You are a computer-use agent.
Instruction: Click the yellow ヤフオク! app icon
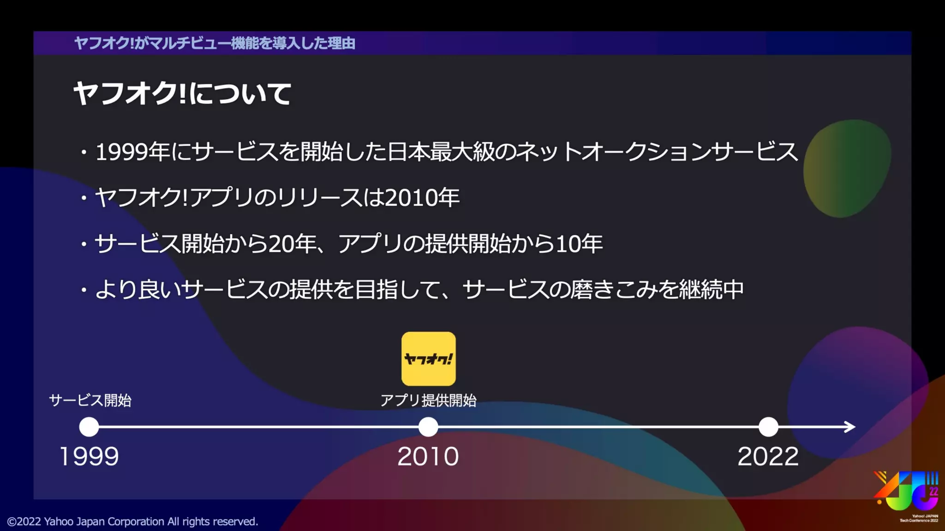click(x=428, y=359)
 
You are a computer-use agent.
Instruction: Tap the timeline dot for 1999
click(x=89, y=427)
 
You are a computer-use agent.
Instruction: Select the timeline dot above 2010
click(x=428, y=427)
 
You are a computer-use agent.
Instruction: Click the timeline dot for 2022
click(x=768, y=427)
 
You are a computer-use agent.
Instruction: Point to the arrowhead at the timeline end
click(x=850, y=427)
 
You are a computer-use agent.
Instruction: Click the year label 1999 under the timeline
click(x=90, y=456)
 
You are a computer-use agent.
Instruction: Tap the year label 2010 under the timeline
click(x=428, y=456)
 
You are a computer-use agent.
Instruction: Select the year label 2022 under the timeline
click(x=768, y=456)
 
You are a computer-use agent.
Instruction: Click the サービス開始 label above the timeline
click(x=90, y=400)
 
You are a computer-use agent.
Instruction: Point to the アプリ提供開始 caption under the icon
click(x=428, y=400)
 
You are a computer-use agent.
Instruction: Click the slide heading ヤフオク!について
click(x=182, y=94)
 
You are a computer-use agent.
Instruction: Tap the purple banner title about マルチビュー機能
click(x=215, y=43)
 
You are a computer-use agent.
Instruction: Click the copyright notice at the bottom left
click(x=132, y=521)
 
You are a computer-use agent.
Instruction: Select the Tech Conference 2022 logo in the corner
click(x=907, y=496)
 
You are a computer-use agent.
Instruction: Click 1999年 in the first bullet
click(x=132, y=152)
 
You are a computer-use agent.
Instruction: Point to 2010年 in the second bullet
click(x=422, y=198)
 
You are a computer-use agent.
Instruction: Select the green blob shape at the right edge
click(x=847, y=168)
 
